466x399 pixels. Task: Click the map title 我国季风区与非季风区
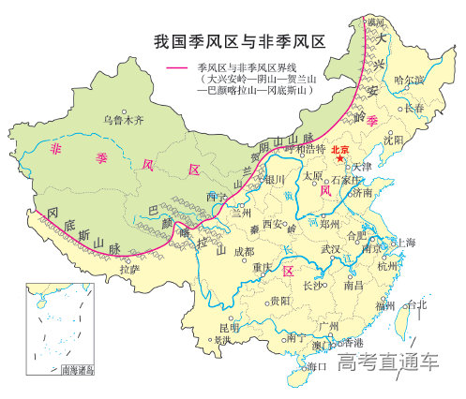pyautogui.click(x=238, y=41)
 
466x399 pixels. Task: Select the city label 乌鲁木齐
pyautogui.click(x=124, y=120)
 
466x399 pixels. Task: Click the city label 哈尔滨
pyautogui.click(x=410, y=81)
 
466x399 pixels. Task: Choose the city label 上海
pyautogui.click(x=404, y=243)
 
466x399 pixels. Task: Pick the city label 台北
pyautogui.click(x=415, y=304)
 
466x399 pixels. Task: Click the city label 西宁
pyautogui.click(x=217, y=197)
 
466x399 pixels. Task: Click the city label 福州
pyautogui.click(x=384, y=305)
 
